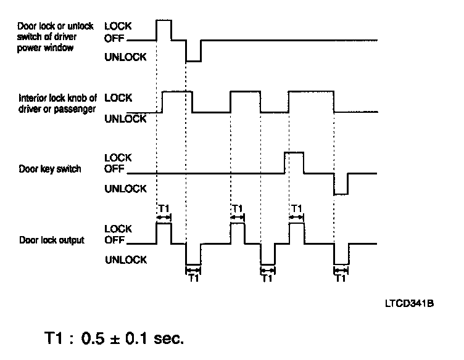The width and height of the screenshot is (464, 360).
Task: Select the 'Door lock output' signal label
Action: (52, 239)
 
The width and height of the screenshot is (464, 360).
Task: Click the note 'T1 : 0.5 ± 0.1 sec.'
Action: (114, 338)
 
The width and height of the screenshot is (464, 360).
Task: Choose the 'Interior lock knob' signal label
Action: (58, 103)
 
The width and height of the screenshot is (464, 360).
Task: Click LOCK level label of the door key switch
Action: (118, 157)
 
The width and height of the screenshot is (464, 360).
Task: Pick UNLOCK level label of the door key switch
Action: (126, 189)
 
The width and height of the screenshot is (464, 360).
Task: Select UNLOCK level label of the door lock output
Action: (126, 260)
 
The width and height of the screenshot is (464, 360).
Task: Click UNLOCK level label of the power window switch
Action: (126, 57)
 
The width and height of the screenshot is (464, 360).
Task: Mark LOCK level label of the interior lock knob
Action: (118, 97)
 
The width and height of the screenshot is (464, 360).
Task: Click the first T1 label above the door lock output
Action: (164, 208)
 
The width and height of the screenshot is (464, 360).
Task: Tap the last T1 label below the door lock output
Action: (340, 278)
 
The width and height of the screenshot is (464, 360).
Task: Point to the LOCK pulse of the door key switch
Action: (294, 153)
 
